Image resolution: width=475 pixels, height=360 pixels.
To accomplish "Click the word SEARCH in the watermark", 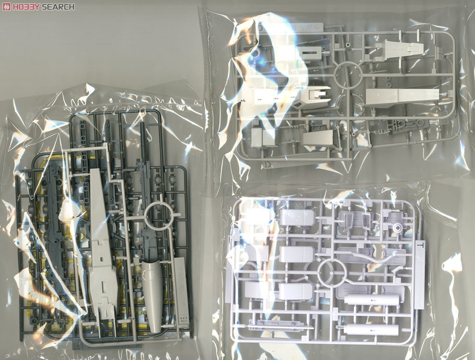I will [x=58, y=7].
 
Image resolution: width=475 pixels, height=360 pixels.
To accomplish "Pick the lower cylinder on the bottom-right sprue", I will [x=371, y=330].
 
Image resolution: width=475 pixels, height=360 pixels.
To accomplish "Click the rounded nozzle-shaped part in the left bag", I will [x=153, y=293].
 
